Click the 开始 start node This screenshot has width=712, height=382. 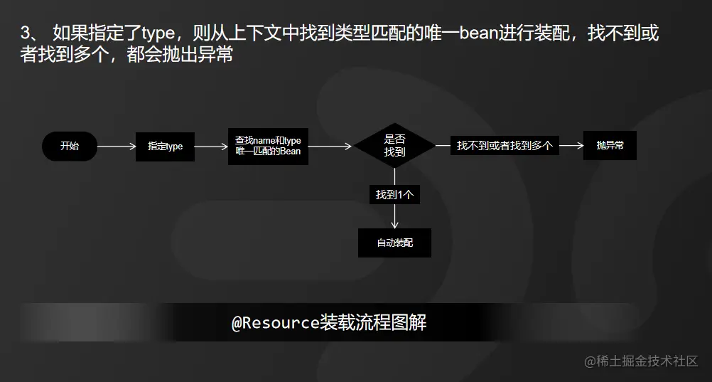70,147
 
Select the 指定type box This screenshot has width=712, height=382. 165,147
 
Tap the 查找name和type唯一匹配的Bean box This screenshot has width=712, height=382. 268,147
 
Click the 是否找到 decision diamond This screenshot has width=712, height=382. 394,146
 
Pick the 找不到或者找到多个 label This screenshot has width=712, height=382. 505,146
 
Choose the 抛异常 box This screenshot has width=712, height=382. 610,146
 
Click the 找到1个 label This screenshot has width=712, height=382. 394,194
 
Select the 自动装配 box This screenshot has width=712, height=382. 394,243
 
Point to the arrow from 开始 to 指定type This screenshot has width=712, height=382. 116,147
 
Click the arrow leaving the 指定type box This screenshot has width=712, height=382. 211,147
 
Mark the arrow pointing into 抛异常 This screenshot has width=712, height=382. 571,146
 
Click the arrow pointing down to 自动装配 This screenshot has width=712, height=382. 394,217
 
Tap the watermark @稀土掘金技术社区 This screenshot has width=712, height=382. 641,361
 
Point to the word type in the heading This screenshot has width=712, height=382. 163,33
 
